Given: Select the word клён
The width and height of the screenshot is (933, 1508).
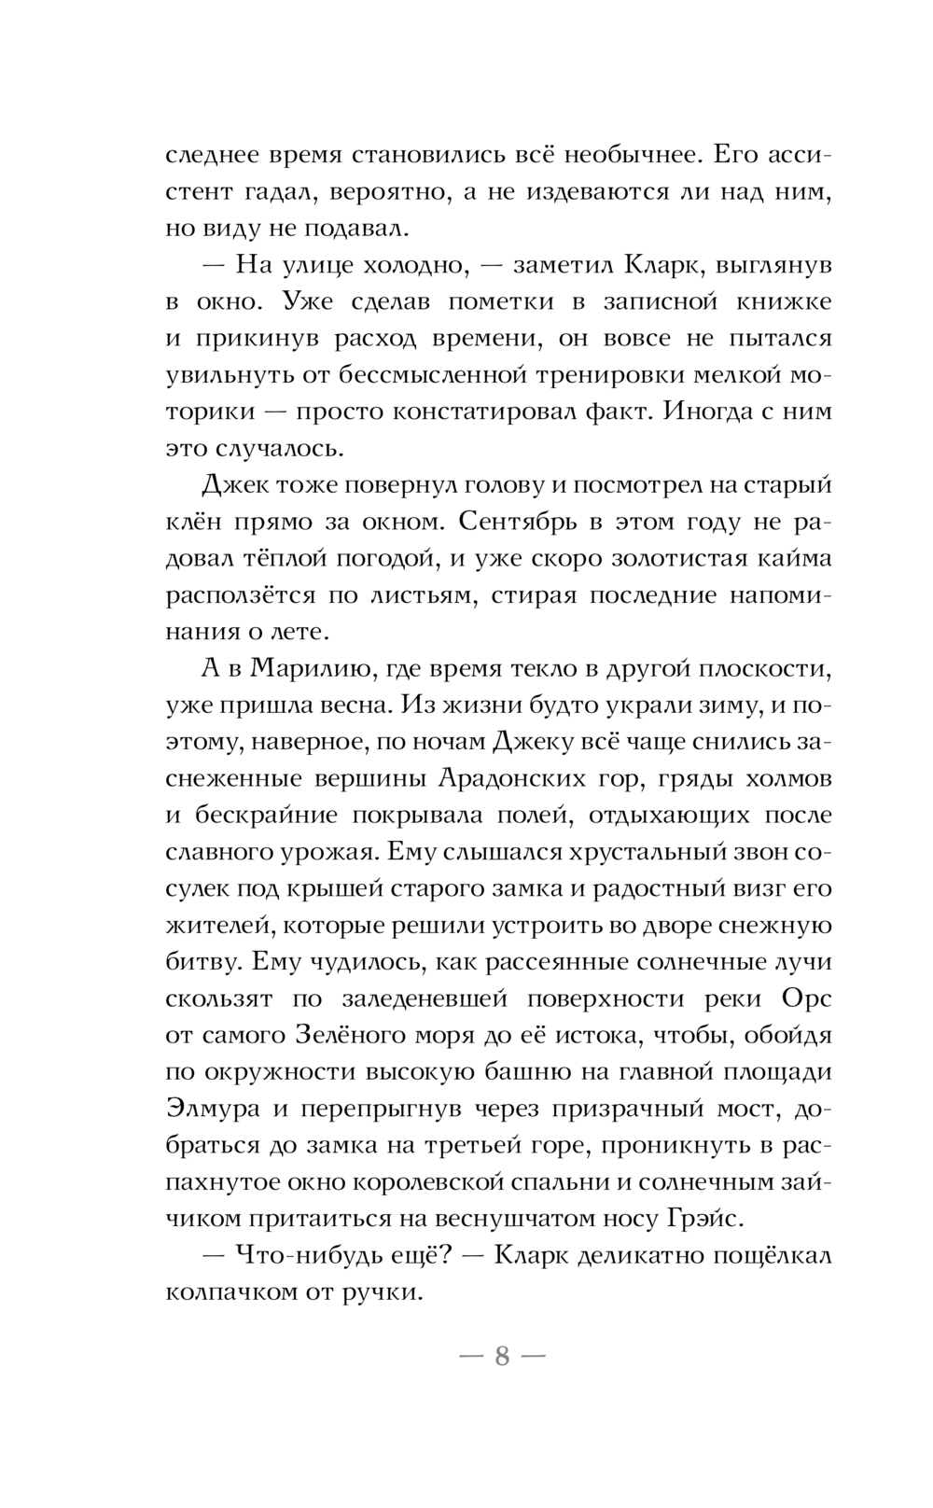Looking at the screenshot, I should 190,523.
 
